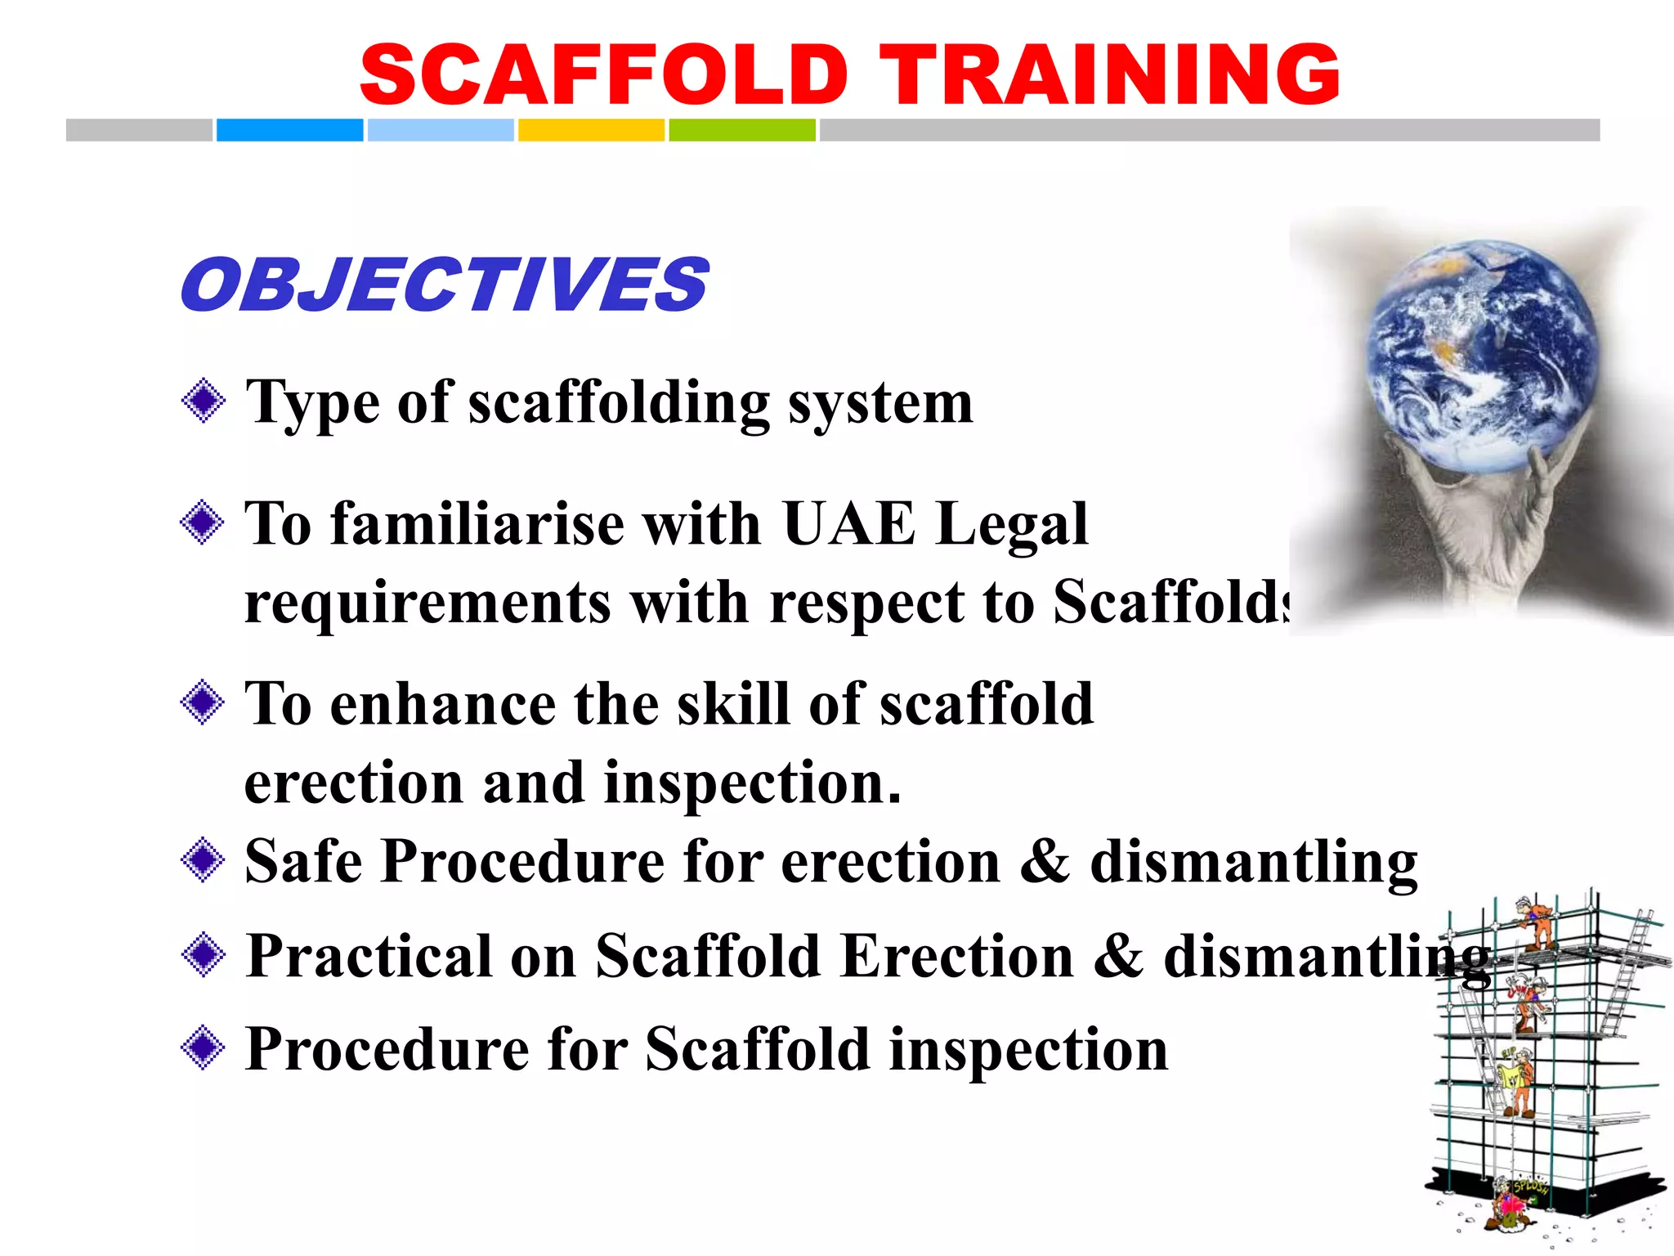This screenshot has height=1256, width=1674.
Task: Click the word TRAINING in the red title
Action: pos(1109,75)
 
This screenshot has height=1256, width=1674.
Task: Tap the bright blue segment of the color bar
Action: pos(289,130)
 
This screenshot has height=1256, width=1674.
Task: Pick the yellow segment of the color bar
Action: pos(591,130)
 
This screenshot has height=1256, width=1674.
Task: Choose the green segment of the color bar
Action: pos(741,130)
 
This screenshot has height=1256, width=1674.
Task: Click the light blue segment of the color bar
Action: pos(441,130)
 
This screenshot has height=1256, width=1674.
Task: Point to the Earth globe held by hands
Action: pos(1482,356)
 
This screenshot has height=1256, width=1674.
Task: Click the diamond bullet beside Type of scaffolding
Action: pos(203,401)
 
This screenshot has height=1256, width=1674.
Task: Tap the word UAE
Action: pos(848,523)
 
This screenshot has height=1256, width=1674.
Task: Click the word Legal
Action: pos(1012,525)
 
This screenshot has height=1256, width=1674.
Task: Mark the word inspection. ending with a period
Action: pos(752,783)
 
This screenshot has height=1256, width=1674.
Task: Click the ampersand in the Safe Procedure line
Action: pos(1045,862)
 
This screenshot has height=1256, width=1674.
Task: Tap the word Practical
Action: pos(369,956)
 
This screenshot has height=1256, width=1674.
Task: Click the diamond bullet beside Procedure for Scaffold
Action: pos(203,1047)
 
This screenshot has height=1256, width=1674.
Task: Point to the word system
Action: pos(880,404)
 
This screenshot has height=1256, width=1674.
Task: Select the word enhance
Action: pos(443,704)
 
